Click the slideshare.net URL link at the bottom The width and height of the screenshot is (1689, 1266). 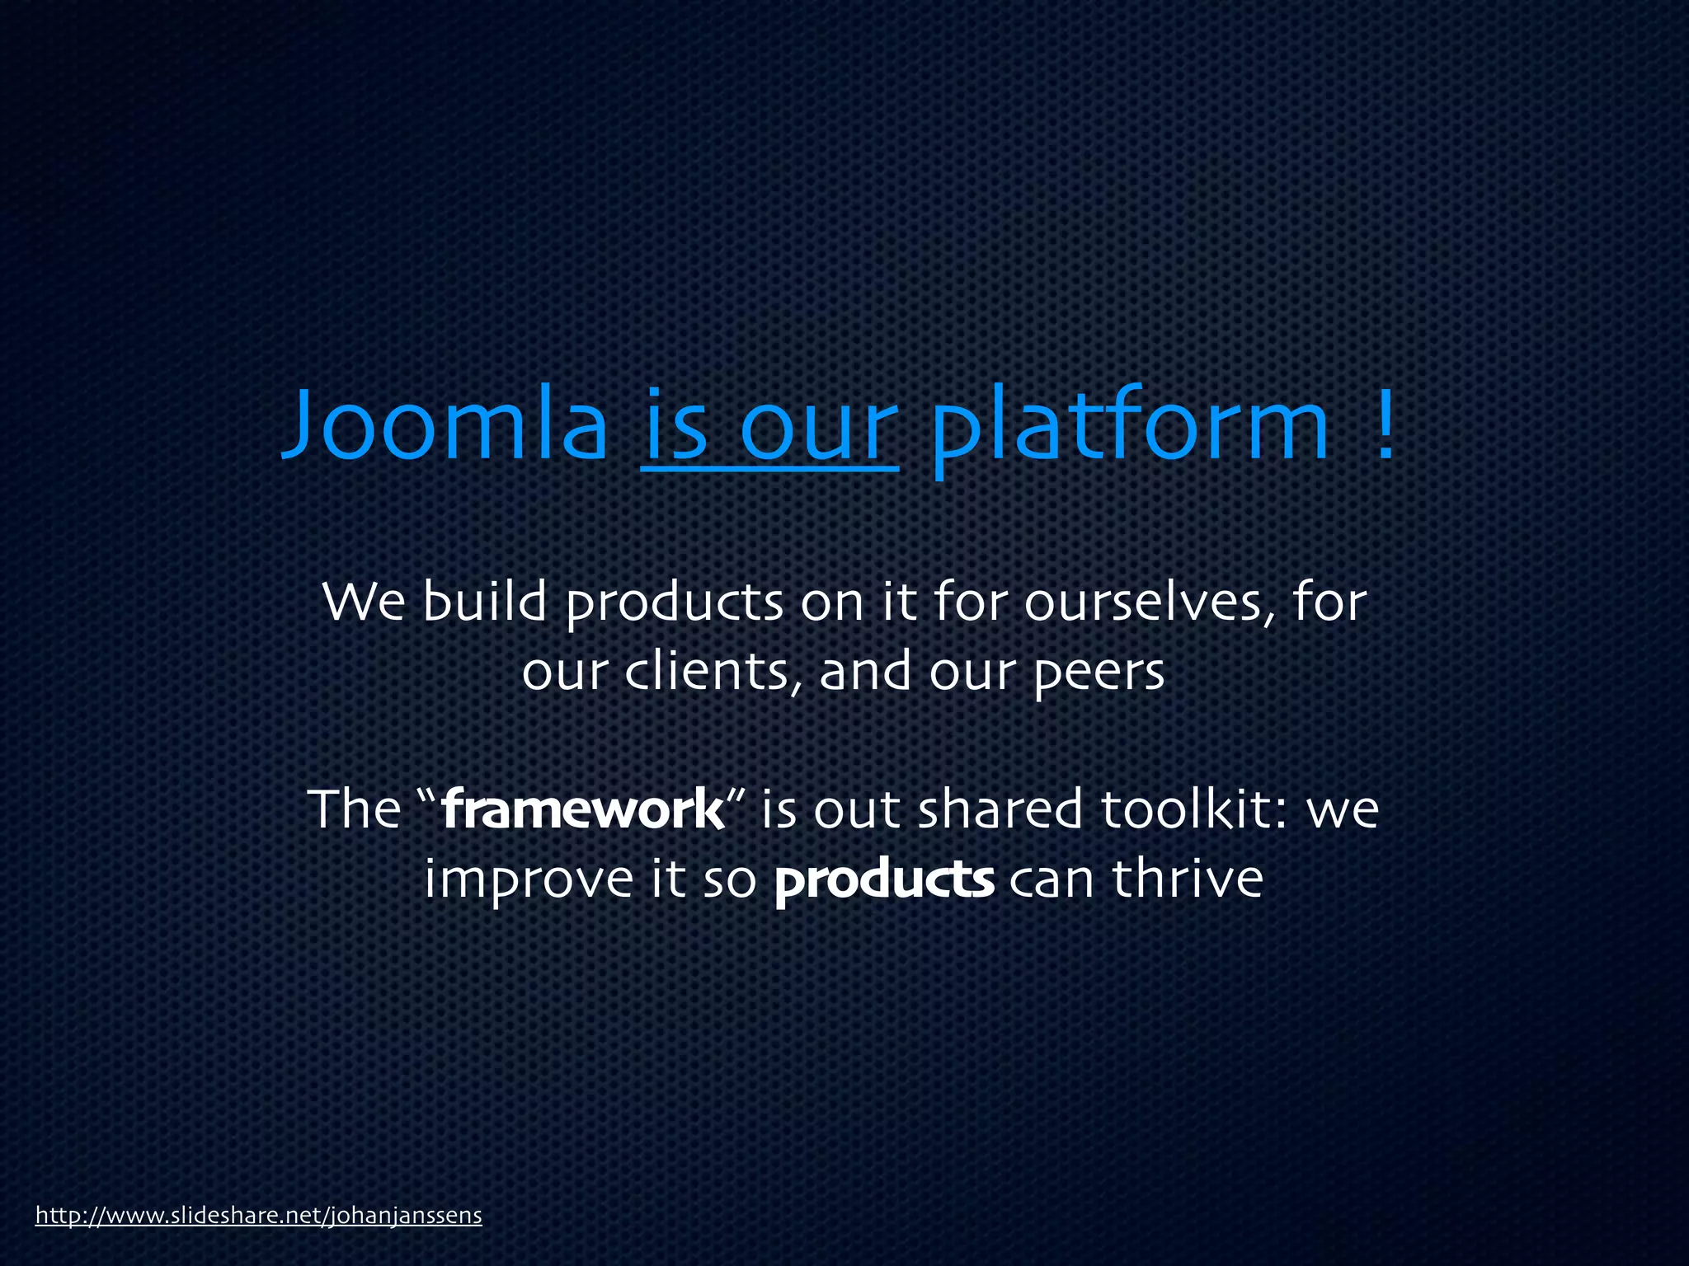click(x=258, y=1215)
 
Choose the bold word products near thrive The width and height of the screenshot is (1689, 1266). click(x=884, y=879)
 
